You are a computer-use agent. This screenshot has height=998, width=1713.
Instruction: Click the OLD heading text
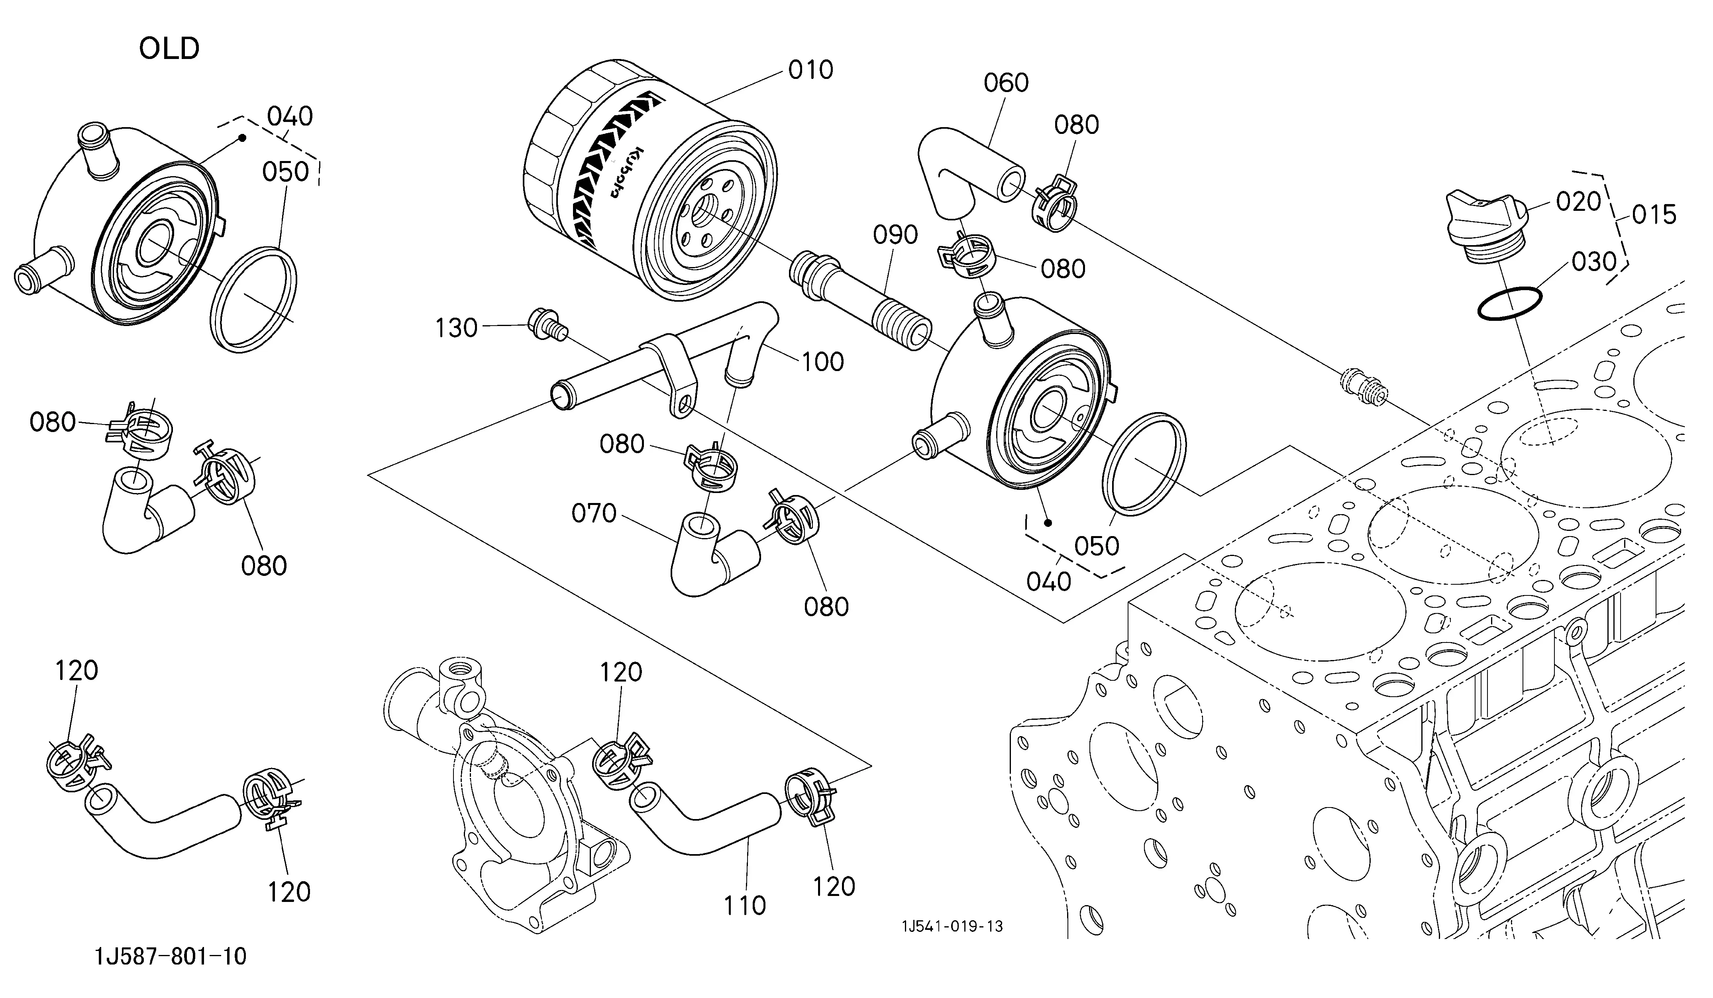coord(169,49)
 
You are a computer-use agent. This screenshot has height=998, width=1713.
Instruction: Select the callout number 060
coord(1006,83)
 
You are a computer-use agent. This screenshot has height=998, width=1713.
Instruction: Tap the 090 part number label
coord(896,235)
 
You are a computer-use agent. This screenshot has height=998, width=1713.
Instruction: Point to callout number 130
coord(457,328)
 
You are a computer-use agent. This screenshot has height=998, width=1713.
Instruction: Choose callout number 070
coord(593,513)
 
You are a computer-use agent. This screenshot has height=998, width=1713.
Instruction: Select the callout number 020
coord(1578,202)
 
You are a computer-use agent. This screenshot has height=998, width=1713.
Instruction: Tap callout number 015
coord(1654,215)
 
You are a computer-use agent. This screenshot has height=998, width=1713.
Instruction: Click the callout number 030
coord(1593,262)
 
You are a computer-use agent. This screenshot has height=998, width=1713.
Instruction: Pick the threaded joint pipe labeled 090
coord(860,300)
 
